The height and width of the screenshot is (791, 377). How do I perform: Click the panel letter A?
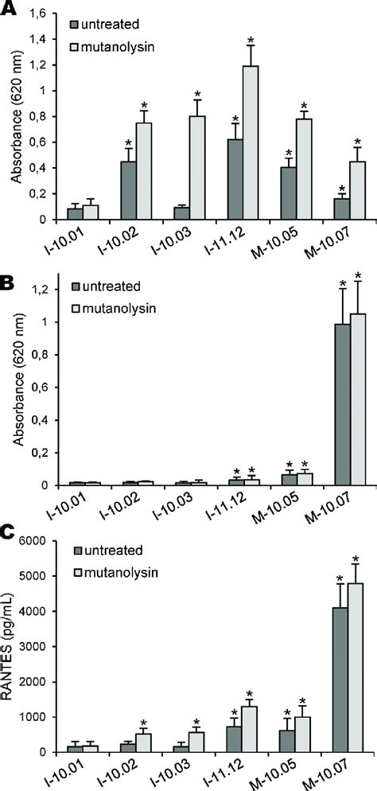point(9,7)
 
